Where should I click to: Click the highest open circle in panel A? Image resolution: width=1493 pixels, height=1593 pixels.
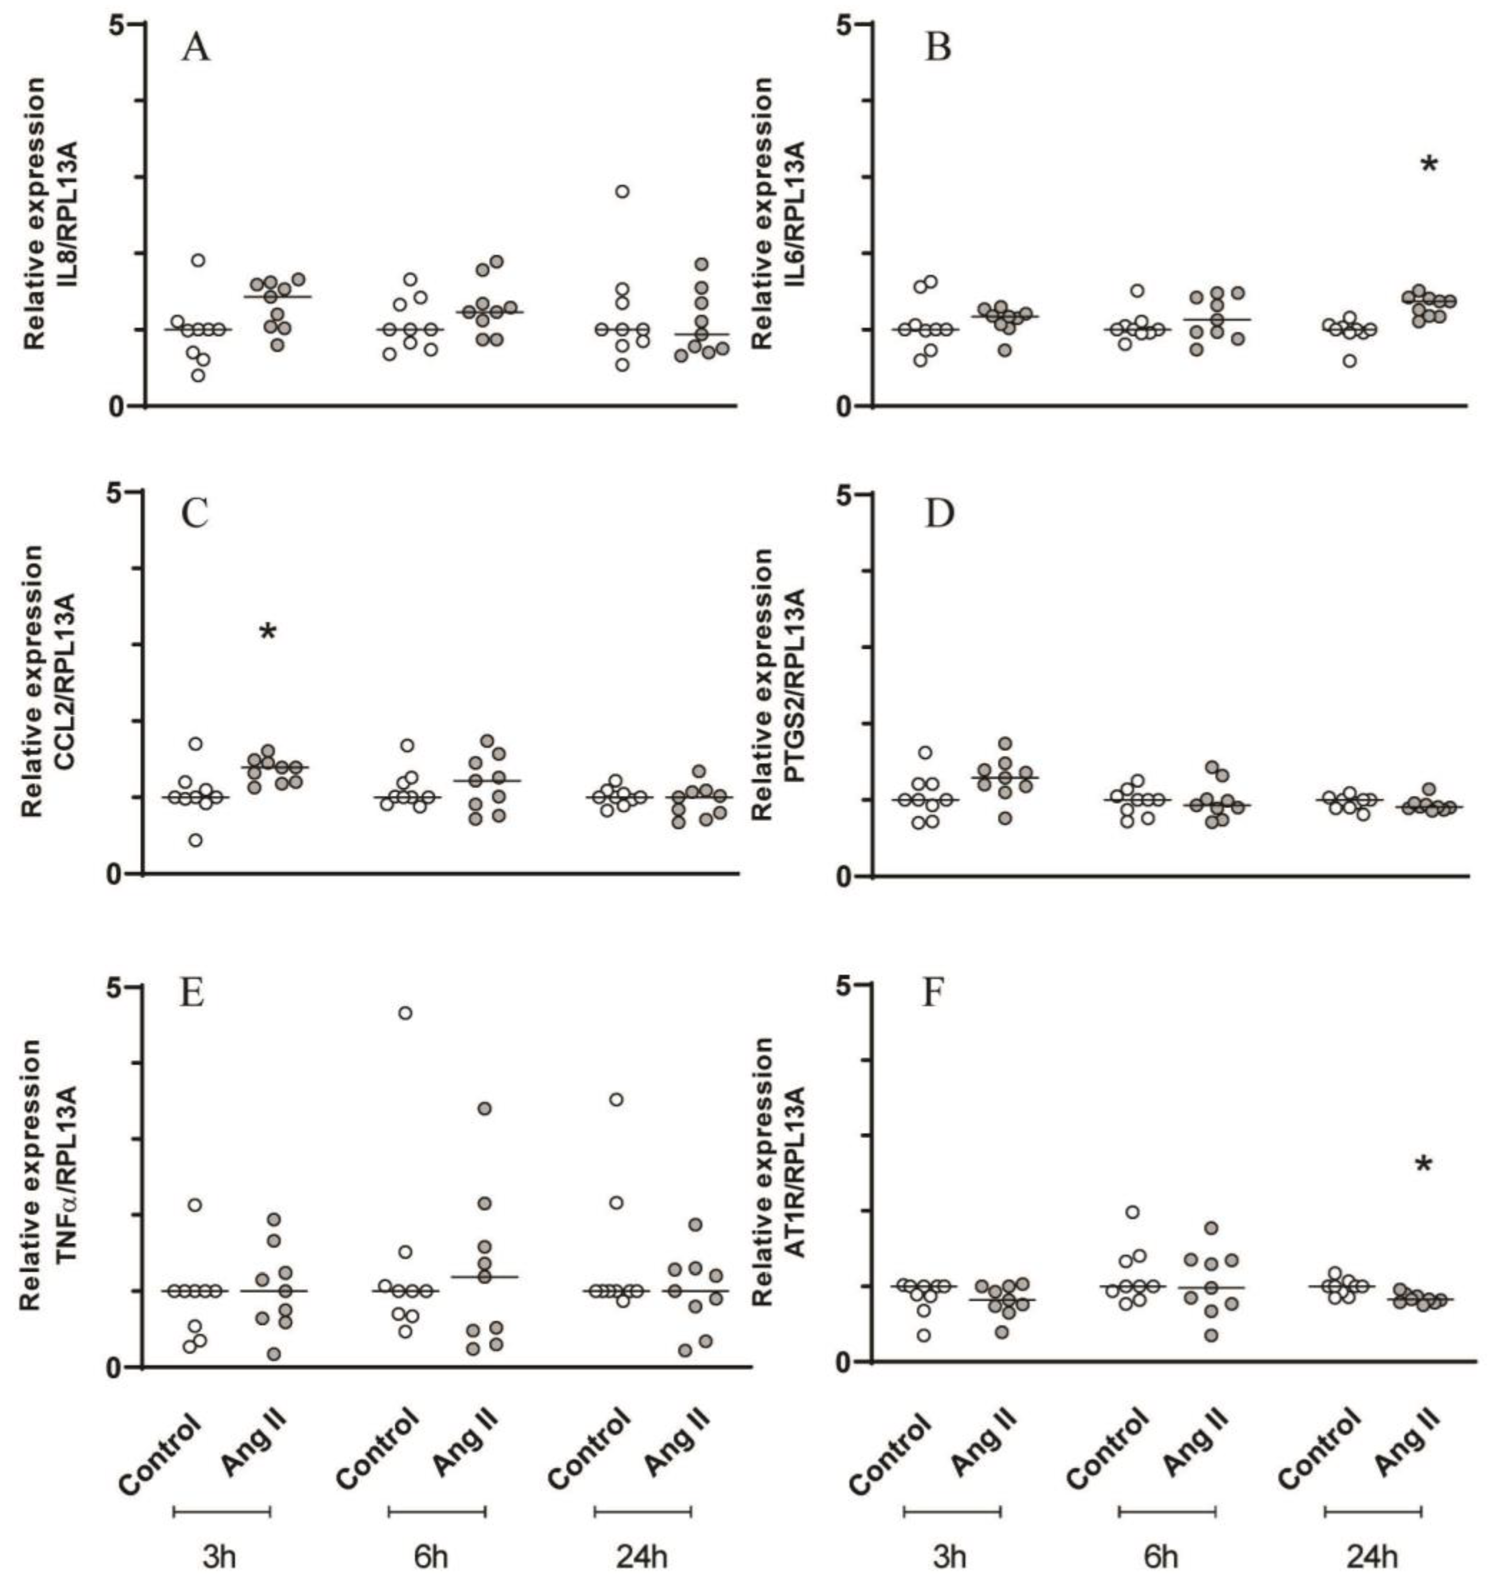[622, 191]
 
